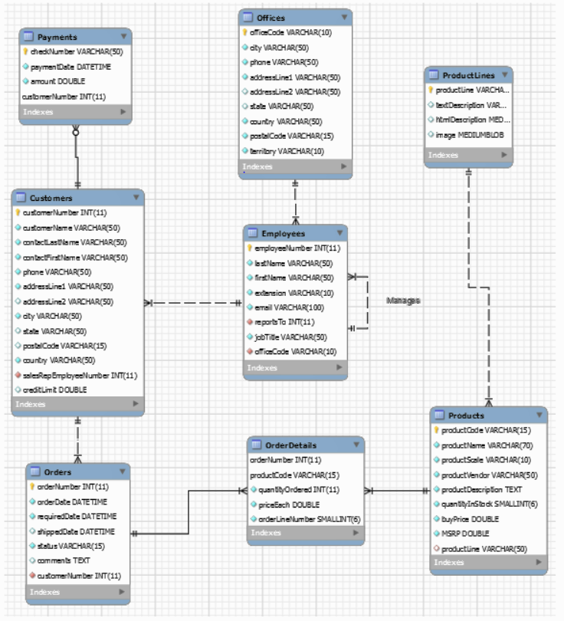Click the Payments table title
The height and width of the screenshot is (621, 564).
click(57, 37)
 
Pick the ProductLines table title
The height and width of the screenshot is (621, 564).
click(468, 75)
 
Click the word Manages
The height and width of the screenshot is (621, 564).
click(403, 301)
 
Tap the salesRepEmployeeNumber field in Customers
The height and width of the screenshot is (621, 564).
click(80, 375)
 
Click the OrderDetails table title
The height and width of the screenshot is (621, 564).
click(290, 445)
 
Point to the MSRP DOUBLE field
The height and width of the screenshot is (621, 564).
click(467, 534)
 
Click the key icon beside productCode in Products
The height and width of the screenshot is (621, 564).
click(438, 431)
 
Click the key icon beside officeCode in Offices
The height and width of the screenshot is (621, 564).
click(244, 33)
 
